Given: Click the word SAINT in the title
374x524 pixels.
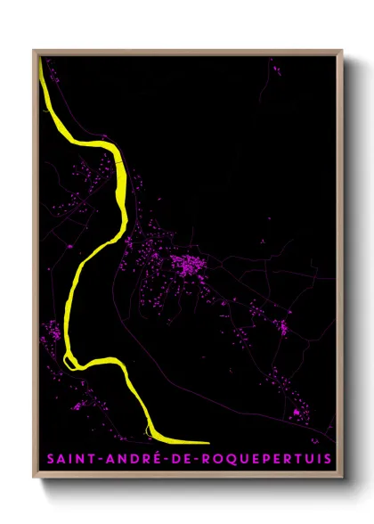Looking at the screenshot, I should pyautogui.click(x=72, y=459).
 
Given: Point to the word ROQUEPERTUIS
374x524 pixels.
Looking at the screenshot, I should pyautogui.click(x=270, y=459).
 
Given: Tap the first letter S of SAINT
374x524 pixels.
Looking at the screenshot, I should pyautogui.click(x=51, y=459).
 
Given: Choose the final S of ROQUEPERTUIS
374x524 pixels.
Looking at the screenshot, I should pyautogui.click(x=327, y=459).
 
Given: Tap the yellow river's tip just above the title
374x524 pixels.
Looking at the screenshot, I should pyautogui.click(x=207, y=441).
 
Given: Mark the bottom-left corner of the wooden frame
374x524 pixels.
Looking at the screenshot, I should pyautogui.click(x=34, y=480).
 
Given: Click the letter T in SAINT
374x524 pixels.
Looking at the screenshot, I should pyautogui.click(x=93, y=459).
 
